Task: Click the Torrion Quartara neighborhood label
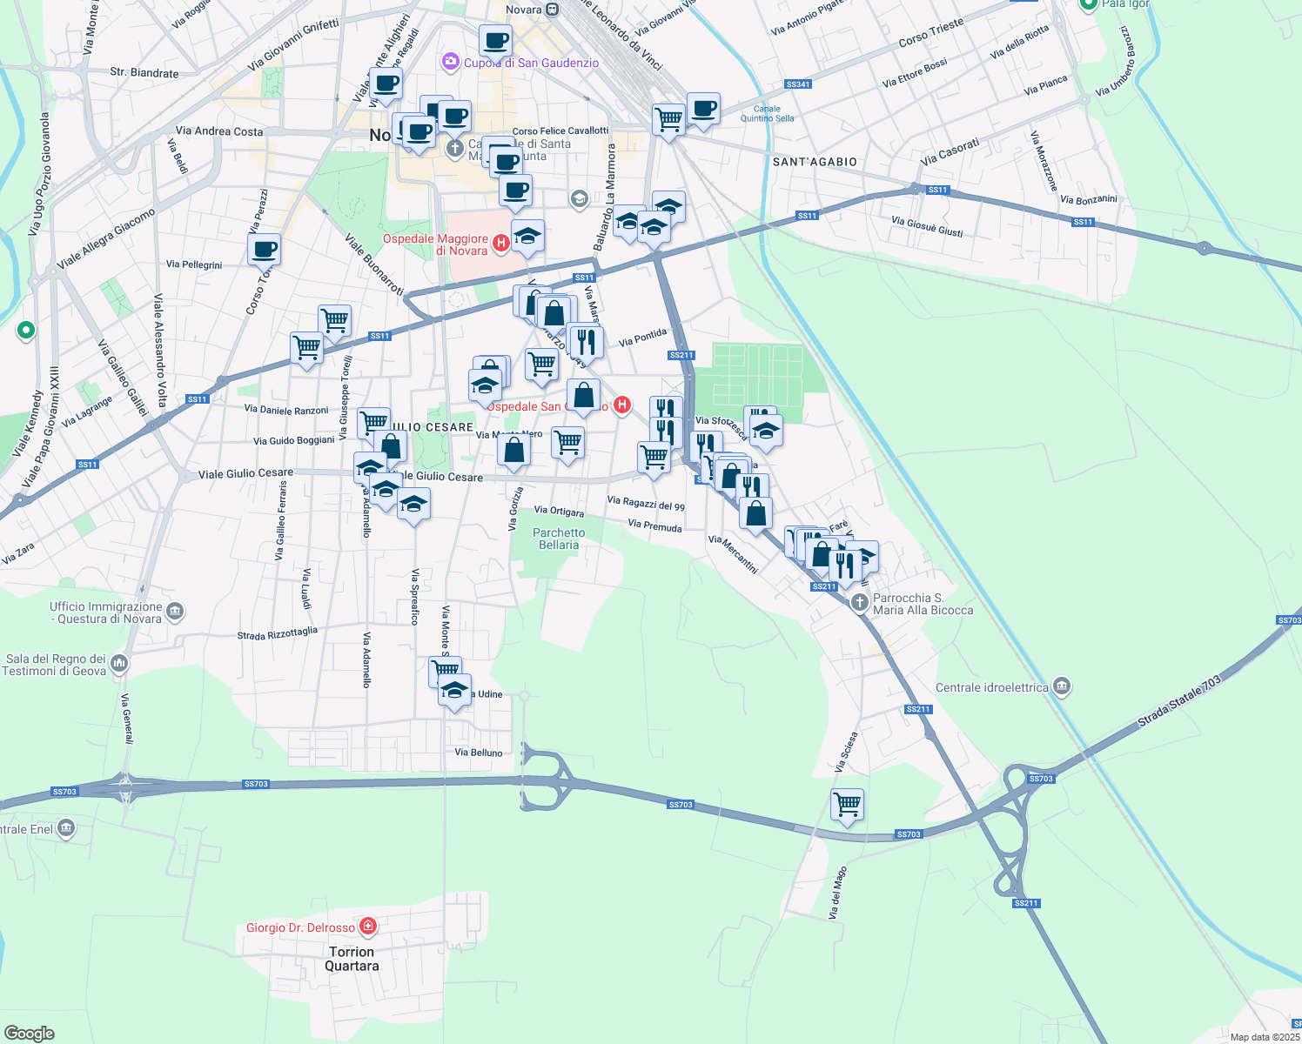(352, 959)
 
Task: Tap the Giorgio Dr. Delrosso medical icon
(368, 927)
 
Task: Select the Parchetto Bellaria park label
(559, 539)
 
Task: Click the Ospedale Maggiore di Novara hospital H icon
(501, 244)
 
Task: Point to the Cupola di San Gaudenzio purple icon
(451, 62)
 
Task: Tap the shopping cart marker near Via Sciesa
(847, 804)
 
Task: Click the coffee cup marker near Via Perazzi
(264, 250)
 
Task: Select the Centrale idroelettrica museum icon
(1061, 686)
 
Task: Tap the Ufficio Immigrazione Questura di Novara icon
(174, 611)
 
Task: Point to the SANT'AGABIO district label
(815, 162)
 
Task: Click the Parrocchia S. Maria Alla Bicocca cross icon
(860, 602)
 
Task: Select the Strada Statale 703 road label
(1179, 702)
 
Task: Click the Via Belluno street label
(479, 753)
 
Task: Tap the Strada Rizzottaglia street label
(278, 633)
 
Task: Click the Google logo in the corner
(29, 1033)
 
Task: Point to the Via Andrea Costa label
(219, 131)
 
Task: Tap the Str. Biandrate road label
(144, 73)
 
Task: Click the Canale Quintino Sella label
(767, 114)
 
